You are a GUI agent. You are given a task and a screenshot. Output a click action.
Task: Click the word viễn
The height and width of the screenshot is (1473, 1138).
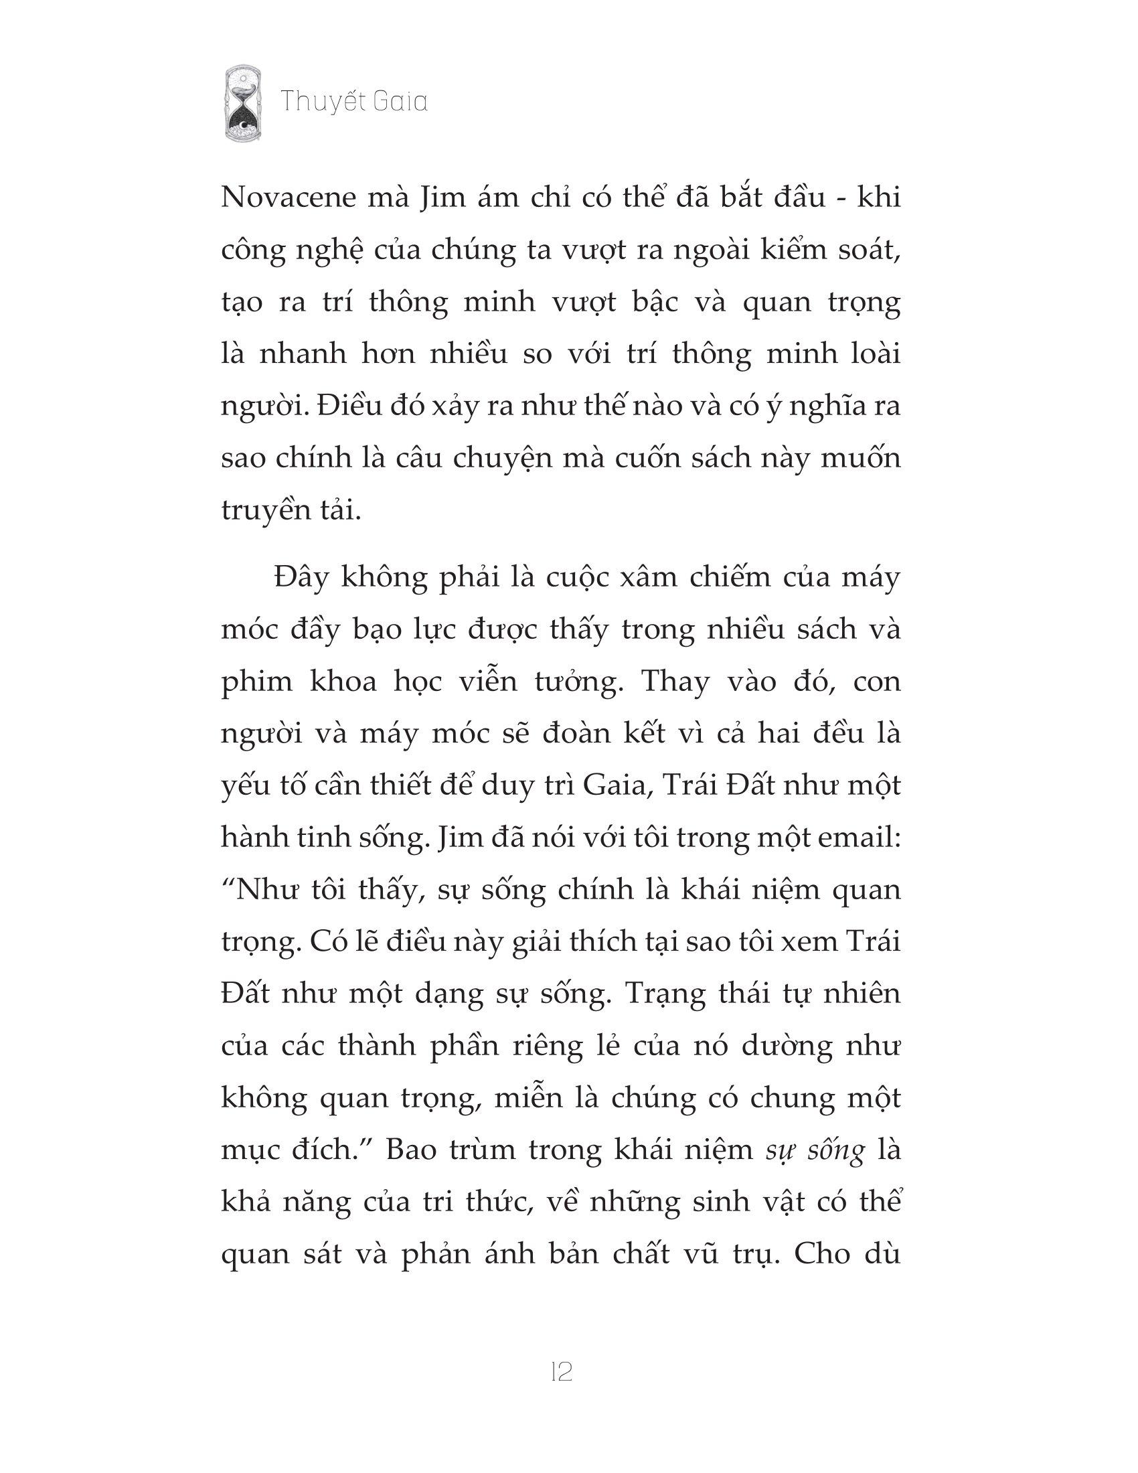coord(512,682)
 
